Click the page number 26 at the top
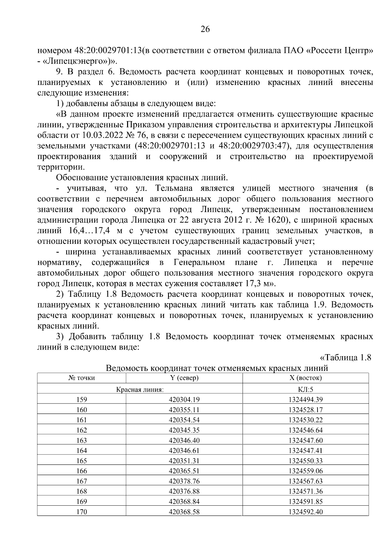(x=205, y=29)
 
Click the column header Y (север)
(x=184, y=378)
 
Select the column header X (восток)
(x=305, y=378)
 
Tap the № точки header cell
(x=81, y=378)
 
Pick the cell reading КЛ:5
(x=305, y=389)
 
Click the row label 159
(x=81, y=399)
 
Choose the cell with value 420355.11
(x=184, y=410)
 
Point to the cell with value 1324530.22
(x=305, y=420)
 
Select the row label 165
(x=81, y=461)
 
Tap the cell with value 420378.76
(x=184, y=481)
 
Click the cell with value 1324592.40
(x=305, y=512)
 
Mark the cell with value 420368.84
(x=184, y=501)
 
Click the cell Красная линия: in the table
(x=140, y=389)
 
